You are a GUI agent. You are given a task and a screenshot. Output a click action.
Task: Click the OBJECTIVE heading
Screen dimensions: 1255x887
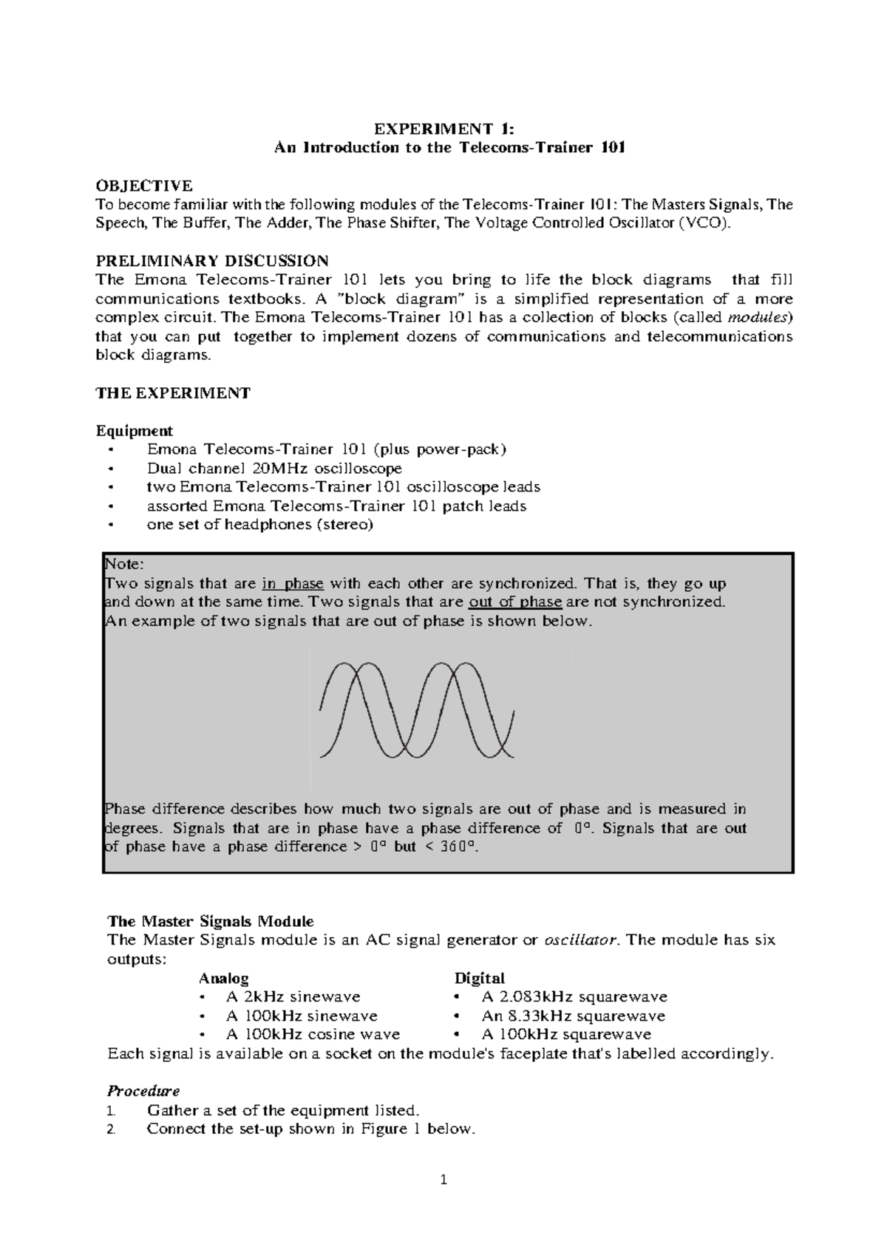click(144, 185)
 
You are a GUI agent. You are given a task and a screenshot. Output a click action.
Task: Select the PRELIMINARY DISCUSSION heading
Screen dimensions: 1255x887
click(212, 260)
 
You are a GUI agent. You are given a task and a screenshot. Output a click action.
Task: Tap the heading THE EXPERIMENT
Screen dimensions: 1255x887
click(173, 392)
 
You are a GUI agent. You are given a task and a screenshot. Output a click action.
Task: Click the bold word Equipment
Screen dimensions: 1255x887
click(134, 430)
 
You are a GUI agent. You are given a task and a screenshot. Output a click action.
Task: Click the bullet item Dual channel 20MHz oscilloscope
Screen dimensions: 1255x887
click(274, 469)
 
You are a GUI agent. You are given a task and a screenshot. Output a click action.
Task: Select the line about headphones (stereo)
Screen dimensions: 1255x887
click(260, 525)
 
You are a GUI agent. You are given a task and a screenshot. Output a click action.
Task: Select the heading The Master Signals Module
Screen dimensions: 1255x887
click(211, 921)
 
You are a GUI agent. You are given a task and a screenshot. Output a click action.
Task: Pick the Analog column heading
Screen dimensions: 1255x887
click(223, 978)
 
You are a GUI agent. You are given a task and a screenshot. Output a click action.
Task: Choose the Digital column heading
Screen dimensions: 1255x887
click(479, 978)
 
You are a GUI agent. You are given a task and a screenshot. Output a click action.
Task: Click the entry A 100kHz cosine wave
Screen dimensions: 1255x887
click(313, 1034)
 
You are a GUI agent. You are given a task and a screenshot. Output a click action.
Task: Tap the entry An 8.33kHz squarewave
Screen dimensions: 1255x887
click(573, 1016)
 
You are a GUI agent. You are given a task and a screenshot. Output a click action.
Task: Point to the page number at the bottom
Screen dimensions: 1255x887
click(443, 1180)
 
